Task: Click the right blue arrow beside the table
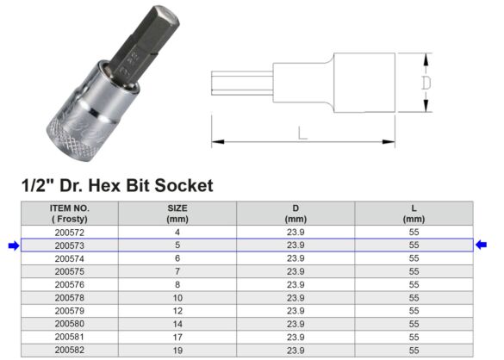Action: pyautogui.click(x=484, y=245)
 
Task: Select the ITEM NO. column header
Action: pyautogui.click(x=71, y=214)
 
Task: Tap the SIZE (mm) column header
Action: pyautogui.click(x=177, y=214)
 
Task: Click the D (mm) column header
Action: pyautogui.click(x=296, y=214)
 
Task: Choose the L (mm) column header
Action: pyautogui.click(x=414, y=214)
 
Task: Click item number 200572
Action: pyautogui.click(x=71, y=233)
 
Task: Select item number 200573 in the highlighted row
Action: pyautogui.click(x=71, y=245)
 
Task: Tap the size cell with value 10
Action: pyautogui.click(x=177, y=298)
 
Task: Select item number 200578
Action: pyautogui.click(x=71, y=298)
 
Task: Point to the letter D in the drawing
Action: pyautogui.click(x=425, y=84)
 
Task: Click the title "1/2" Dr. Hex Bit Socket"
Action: pyautogui.click(x=115, y=185)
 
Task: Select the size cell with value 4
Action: pyautogui.click(x=177, y=233)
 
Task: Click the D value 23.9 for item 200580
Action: pyautogui.click(x=296, y=325)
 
